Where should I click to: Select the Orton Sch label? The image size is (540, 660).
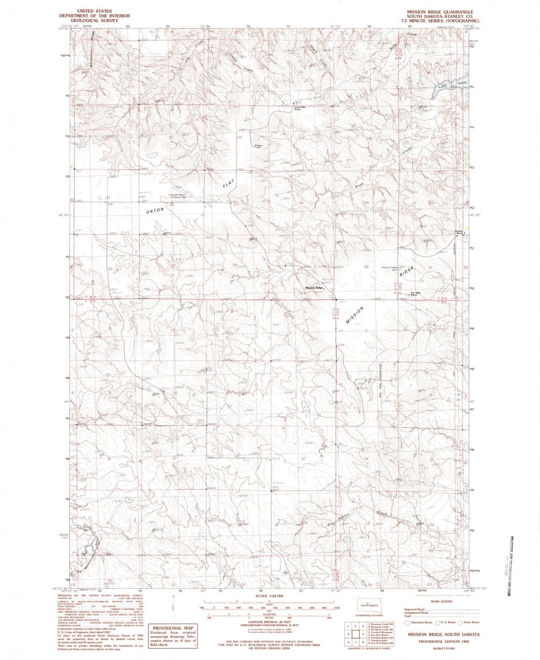(259, 146)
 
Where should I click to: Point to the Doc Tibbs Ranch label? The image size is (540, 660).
(413, 295)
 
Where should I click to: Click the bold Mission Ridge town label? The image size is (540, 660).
(314, 288)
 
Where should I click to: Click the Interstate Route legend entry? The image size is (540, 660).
(420, 622)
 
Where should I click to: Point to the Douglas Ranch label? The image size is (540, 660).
(460, 232)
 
